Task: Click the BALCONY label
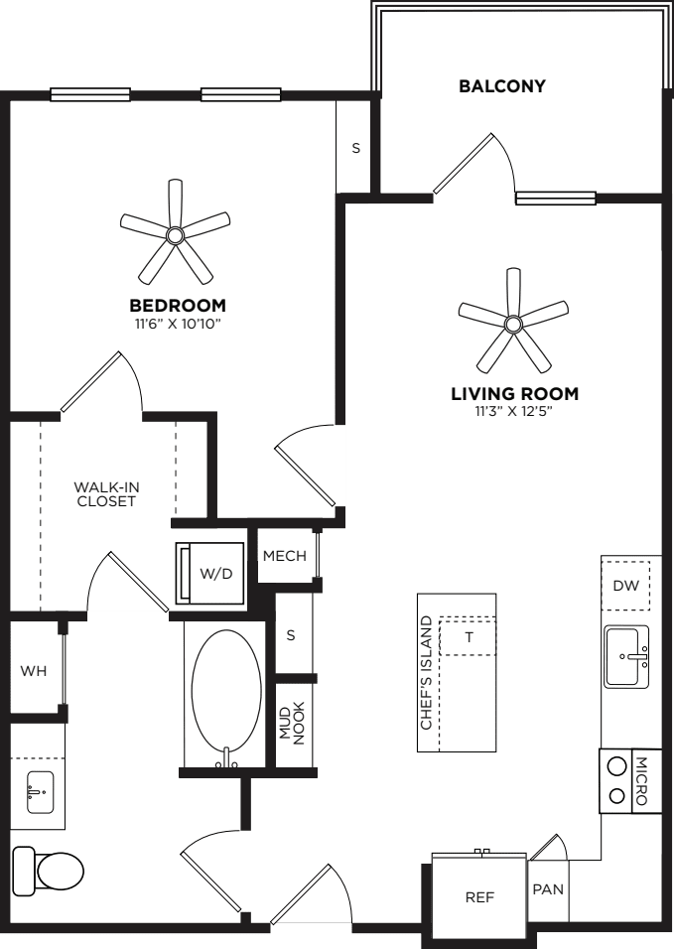click(x=501, y=86)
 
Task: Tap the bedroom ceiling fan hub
click(x=175, y=235)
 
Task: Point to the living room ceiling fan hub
click(x=513, y=324)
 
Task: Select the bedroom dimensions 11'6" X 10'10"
click(x=178, y=324)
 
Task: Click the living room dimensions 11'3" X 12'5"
click(x=515, y=412)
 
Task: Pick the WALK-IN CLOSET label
click(x=106, y=494)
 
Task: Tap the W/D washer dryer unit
click(x=210, y=573)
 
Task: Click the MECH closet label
click(x=284, y=556)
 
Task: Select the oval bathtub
click(x=226, y=699)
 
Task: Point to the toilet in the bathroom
click(x=48, y=872)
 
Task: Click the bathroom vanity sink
click(x=40, y=792)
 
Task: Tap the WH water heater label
click(x=34, y=671)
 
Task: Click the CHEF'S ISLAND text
click(x=427, y=672)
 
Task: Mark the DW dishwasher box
click(x=625, y=586)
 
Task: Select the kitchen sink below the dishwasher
click(x=626, y=657)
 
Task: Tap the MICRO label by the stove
click(x=641, y=781)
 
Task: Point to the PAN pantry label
click(x=548, y=889)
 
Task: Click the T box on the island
click(x=469, y=636)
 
